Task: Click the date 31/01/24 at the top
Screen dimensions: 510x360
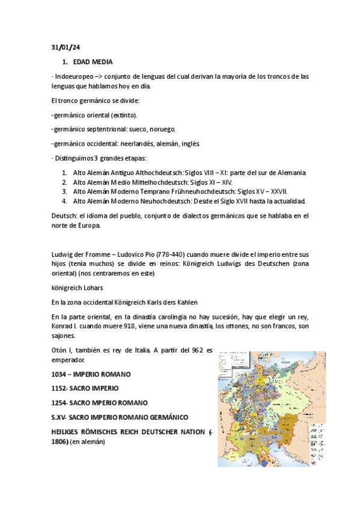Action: (x=61, y=47)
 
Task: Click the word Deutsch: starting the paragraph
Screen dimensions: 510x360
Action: (x=63, y=215)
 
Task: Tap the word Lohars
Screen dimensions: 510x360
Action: (x=93, y=287)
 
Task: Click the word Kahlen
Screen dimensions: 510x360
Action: (x=185, y=301)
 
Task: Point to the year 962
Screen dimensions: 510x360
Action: (x=194, y=351)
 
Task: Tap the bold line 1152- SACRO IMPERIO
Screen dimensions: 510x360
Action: (x=85, y=388)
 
